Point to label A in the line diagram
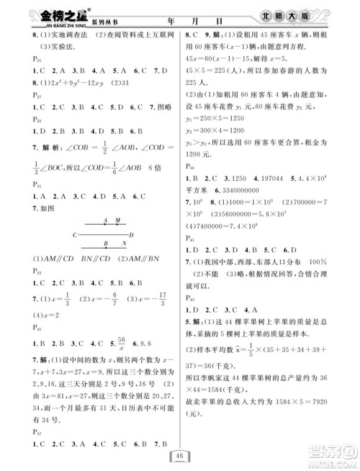click(x=106, y=220)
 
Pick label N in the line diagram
click(x=125, y=243)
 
